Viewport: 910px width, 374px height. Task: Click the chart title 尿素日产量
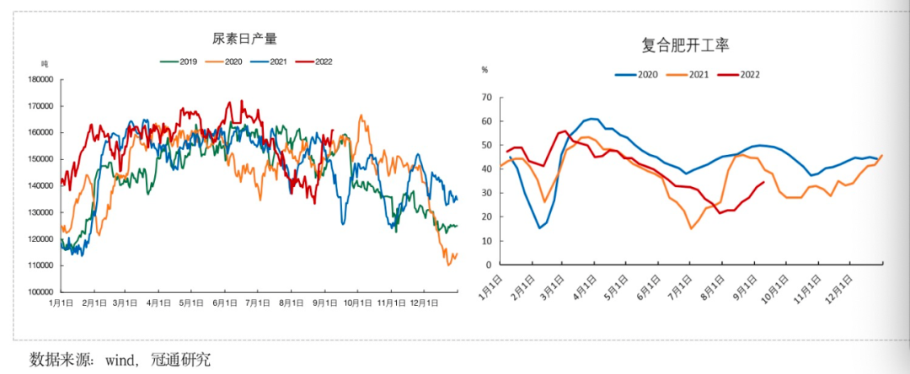244,39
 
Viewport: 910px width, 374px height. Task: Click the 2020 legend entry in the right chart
647,74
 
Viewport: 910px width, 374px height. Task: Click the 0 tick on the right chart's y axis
488,264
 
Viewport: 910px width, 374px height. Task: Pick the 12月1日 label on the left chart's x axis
425,302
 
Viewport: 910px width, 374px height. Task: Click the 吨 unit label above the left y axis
45,64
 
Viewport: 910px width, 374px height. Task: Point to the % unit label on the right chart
484,71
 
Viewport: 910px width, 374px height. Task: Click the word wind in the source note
119,360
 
